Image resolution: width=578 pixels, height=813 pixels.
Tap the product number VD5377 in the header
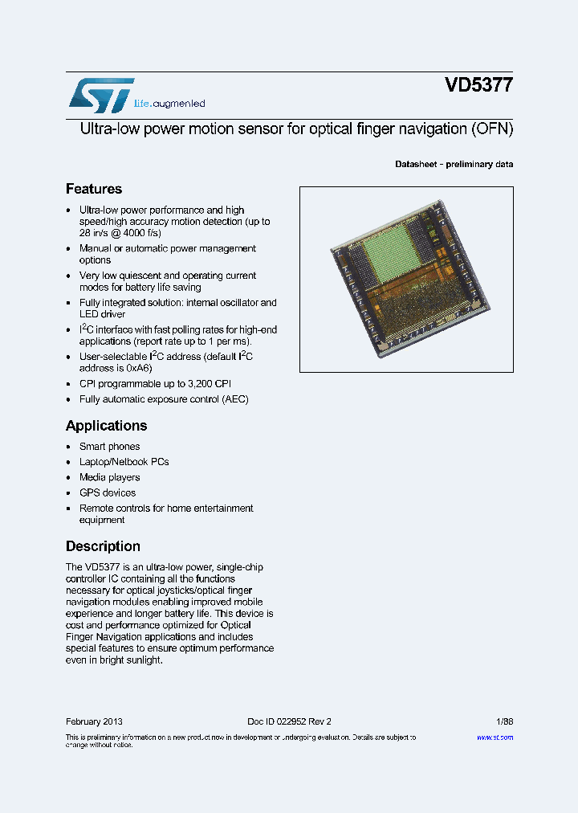click(x=479, y=86)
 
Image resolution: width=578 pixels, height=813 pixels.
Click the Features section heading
click(x=94, y=189)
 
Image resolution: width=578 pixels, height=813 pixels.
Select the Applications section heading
click(x=106, y=426)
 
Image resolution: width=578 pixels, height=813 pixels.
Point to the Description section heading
click(x=103, y=546)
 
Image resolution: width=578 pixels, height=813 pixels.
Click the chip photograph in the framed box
click(x=406, y=280)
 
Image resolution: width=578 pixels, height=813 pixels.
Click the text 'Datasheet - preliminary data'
click(x=454, y=164)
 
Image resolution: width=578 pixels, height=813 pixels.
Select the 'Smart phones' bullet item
click(x=109, y=447)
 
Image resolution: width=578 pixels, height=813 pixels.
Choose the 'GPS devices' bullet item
click(x=108, y=493)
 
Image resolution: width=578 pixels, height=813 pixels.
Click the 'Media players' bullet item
click(x=109, y=477)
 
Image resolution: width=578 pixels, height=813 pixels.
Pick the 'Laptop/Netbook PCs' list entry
click(x=124, y=462)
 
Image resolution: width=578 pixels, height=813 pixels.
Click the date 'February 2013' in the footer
click(x=94, y=721)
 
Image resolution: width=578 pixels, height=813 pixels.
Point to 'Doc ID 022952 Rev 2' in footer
click(x=289, y=721)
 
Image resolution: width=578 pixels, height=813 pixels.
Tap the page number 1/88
click(x=504, y=721)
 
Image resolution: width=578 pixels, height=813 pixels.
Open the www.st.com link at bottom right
click(x=495, y=737)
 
